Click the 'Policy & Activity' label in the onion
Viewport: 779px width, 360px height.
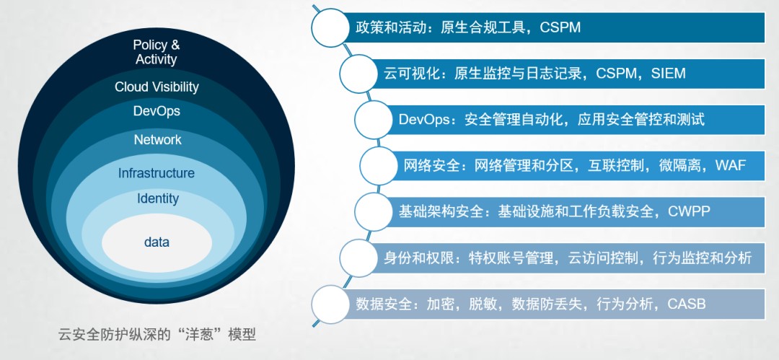point(157,52)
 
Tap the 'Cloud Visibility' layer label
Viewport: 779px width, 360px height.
point(157,87)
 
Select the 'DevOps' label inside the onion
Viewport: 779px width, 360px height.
point(157,111)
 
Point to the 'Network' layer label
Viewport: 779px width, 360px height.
point(157,140)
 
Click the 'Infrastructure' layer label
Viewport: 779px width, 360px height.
point(156,174)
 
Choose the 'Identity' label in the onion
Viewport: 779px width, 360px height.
point(157,199)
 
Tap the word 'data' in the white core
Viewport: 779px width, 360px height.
point(157,242)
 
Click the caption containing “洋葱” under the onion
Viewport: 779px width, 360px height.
point(157,334)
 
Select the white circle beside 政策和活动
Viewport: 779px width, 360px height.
point(330,28)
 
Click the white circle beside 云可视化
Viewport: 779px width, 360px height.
point(358,74)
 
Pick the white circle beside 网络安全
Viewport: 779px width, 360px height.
point(379,166)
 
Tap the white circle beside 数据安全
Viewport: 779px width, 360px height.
point(330,304)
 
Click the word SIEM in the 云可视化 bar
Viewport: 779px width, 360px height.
point(668,74)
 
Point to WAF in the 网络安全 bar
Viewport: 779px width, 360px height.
point(730,165)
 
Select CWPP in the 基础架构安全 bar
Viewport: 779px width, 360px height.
point(689,211)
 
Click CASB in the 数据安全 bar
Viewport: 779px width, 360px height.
point(686,304)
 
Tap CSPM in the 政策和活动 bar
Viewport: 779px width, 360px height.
point(560,27)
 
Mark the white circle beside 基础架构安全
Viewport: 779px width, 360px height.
point(374,212)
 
